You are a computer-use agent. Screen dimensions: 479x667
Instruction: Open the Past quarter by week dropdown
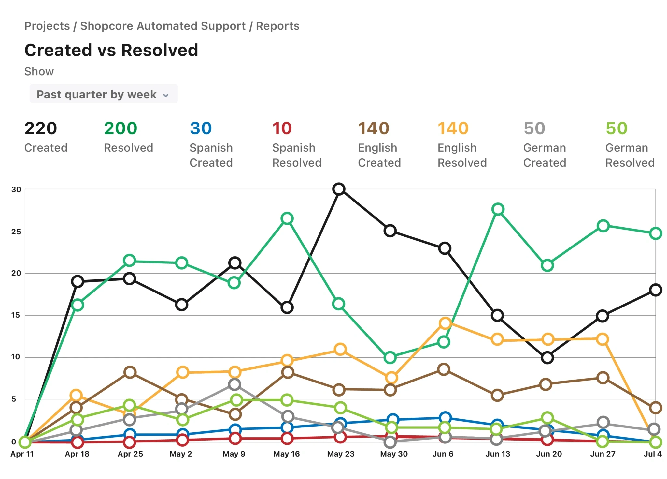pyautogui.click(x=103, y=94)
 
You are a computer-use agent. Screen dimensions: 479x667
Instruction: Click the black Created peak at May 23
pyautogui.click(x=339, y=189)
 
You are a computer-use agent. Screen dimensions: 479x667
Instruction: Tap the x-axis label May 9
pyautogui.click(x=234, y=454)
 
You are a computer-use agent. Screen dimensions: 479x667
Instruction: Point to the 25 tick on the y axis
pyautogui.click(x=16, y=232)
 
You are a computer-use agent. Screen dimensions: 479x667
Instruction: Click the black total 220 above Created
pyautogui.click(x=41, y=128)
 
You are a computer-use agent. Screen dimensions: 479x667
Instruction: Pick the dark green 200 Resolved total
pyautogui.click(x=121, y=128)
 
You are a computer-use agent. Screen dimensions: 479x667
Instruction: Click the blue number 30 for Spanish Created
pyautogui.click(x=201, y=128)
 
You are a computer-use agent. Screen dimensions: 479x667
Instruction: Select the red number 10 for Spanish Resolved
pyautogui.click(x=282, y=128)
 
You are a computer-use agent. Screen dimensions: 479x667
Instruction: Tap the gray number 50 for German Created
pyautogui.click(x=534, y=128)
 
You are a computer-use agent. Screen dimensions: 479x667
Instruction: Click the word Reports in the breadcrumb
pyautogui.click(x=277, y=26)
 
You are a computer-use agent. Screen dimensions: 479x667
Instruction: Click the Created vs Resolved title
pyautogui.click(x=111, y=50)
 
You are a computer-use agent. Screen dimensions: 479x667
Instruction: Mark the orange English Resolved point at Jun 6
pyautogui.click(x=445, y=323)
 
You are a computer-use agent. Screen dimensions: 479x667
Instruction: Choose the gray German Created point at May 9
pyautogui.click(x=234, y=384)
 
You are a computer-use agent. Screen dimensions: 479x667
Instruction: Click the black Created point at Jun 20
pyautogui.click(x=547, y=358)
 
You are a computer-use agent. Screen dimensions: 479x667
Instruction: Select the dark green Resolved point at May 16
pyautogui.click(x=287, y=218)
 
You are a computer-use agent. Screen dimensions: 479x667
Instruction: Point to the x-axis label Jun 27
pyautogui.click(x=603, y=454)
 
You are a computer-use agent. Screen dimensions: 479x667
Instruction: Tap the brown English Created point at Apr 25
pyautogui.click(x=130, y=372)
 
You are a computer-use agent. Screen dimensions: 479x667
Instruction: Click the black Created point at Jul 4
pyautogui.click(x=655, y=290)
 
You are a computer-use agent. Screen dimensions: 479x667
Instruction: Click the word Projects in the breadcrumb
pyautogui.click(x=47, y=26)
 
